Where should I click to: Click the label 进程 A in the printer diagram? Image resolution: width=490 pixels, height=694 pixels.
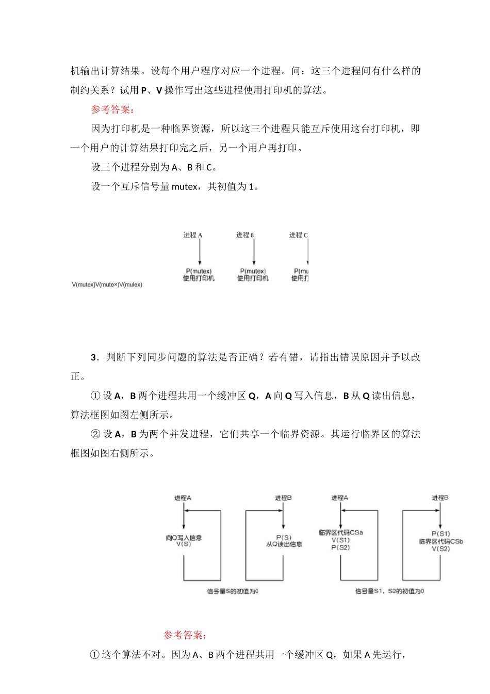[x=193, y=235]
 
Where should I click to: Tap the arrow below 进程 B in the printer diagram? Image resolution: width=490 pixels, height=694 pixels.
[x=254, y=252]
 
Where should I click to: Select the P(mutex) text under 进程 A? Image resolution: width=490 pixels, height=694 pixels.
[x=199, y=271]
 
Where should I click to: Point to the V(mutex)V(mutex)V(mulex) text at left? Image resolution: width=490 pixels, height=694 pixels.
[x=107, y=285]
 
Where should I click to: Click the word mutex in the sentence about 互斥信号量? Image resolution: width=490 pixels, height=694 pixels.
[x=184, y=186]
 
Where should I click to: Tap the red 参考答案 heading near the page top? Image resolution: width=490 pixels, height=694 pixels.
[x=113, y=109]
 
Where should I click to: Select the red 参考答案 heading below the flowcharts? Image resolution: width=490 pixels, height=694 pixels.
[x=185, y=635]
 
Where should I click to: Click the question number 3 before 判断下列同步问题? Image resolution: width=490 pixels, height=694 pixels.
[x=94, y=357]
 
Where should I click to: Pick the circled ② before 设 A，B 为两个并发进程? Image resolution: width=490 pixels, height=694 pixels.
[x=95, y=434]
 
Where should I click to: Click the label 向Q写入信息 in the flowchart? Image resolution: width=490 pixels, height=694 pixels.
[x=184, y=538]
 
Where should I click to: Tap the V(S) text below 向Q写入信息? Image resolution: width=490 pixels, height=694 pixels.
[x=184, y=544]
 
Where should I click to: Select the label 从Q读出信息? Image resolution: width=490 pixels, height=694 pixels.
[x=284, y=544]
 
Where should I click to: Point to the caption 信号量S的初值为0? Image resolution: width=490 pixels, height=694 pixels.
[x=233, y=591]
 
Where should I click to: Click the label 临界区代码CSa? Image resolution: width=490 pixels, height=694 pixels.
[x=340, y=532]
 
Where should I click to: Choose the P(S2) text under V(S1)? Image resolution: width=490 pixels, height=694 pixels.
[x=340, y=547]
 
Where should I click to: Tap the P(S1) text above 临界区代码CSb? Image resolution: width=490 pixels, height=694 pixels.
[x=440, y=534]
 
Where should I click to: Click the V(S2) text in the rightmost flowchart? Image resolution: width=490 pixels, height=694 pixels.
[x=440, y=549]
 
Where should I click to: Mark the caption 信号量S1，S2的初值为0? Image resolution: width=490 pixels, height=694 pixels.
[x=389, y=591]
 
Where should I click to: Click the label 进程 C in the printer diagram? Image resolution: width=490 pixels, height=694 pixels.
[x=298, y=235]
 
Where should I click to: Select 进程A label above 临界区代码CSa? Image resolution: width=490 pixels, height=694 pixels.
[x=340, y=498]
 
